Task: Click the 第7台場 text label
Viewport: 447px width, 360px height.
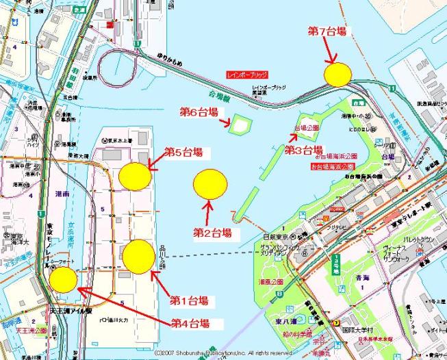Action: point(328,31)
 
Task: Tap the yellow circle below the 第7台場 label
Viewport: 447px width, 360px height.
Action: point(337,74)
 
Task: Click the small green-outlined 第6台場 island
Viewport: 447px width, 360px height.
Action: point(240,125)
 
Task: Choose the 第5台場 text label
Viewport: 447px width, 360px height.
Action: point(183,151)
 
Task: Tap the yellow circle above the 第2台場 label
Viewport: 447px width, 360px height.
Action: point(210,183)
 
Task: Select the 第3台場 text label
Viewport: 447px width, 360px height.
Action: point(303,150)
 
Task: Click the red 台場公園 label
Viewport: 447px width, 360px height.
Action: point(307,128)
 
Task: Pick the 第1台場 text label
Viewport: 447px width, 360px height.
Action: point(189,300)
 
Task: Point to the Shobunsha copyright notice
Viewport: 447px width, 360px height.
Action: point(223,352)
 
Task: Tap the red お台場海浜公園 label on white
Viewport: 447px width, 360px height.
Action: point(331,166)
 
